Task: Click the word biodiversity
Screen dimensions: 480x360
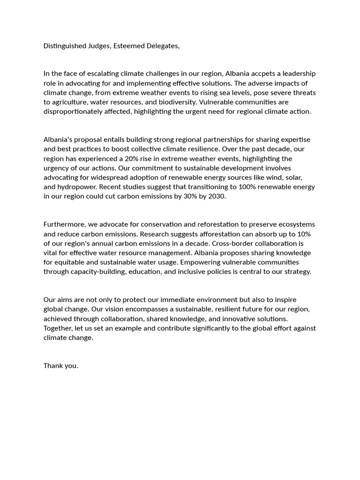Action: [176, 102]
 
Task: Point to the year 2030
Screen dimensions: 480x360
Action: [216, 196]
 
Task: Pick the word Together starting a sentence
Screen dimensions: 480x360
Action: [60, 328]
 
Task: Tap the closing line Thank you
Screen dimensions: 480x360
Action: [61, 366]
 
